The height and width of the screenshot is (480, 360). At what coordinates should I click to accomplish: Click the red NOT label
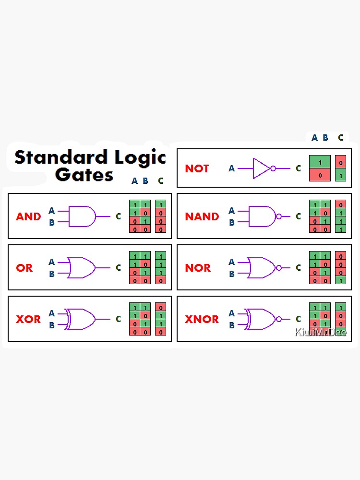click(197, 168)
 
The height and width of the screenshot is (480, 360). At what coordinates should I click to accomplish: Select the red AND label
click(28, 216)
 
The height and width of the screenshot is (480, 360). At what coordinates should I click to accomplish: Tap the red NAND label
click(202, 216)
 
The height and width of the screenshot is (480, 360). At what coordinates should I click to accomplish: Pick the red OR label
click(24, 268)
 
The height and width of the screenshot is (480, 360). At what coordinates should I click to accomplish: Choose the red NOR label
click(198, 268)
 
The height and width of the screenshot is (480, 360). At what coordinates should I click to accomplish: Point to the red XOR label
click(28, 319)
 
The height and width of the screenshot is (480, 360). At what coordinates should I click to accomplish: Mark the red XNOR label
click(202, 319)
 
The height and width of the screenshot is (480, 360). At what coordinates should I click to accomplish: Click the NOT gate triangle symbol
click(262, 168)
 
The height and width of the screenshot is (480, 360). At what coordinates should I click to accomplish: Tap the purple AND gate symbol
click(82, 216)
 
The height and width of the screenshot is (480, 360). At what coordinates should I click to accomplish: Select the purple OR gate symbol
click(82, 268)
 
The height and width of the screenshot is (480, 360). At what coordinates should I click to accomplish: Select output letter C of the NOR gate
click(298, 268)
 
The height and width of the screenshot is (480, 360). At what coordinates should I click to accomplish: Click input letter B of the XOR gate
click(51, 325)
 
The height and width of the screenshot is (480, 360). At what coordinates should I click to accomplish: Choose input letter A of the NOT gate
click(231, 168)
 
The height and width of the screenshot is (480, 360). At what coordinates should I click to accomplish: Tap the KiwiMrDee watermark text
click(321, 332)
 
